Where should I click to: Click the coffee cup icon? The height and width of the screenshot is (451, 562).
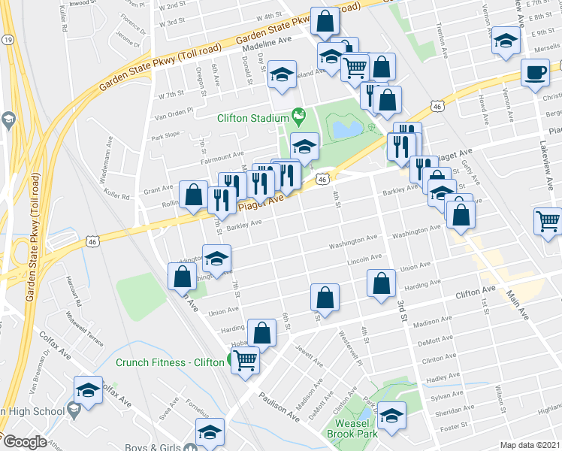tap(535, 73)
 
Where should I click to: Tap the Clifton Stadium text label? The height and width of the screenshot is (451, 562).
tap(253, 118)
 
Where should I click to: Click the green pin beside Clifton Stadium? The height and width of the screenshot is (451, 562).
tap(300, 117)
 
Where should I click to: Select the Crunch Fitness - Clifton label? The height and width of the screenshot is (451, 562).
tap(170, 362)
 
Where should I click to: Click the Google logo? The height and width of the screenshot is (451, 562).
tap(24, 442)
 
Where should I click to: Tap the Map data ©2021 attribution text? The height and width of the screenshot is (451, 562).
tap(530, 445)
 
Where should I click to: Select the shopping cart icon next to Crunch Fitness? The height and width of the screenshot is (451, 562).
tap(246, 360)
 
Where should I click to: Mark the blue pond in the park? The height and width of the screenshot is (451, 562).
tap(346, 129)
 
